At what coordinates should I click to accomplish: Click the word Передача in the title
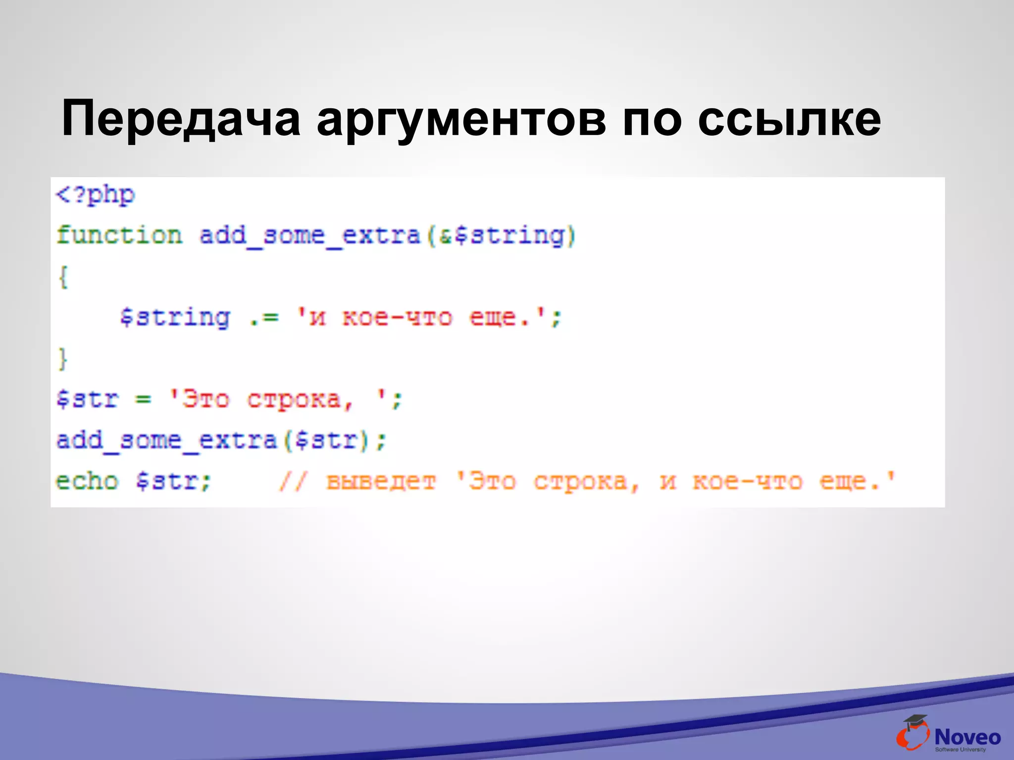tap(181, 119)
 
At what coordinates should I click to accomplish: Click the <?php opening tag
tap(95, 195)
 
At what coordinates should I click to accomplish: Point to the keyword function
tap(119, 235)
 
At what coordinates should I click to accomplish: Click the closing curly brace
tap(63, 358)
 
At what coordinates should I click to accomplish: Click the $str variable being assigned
tap(88, 399)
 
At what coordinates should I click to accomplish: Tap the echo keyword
tap(87, 481)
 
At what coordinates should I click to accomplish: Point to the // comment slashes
tap(294, 481)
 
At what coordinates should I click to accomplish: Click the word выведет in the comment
tap(381, 481)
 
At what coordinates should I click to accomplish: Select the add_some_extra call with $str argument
tap(220, 440)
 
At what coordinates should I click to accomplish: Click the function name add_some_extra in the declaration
tap(309, 235)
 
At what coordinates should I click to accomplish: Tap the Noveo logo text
tap(967, 737)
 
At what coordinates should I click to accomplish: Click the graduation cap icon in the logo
tap(915, 721)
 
